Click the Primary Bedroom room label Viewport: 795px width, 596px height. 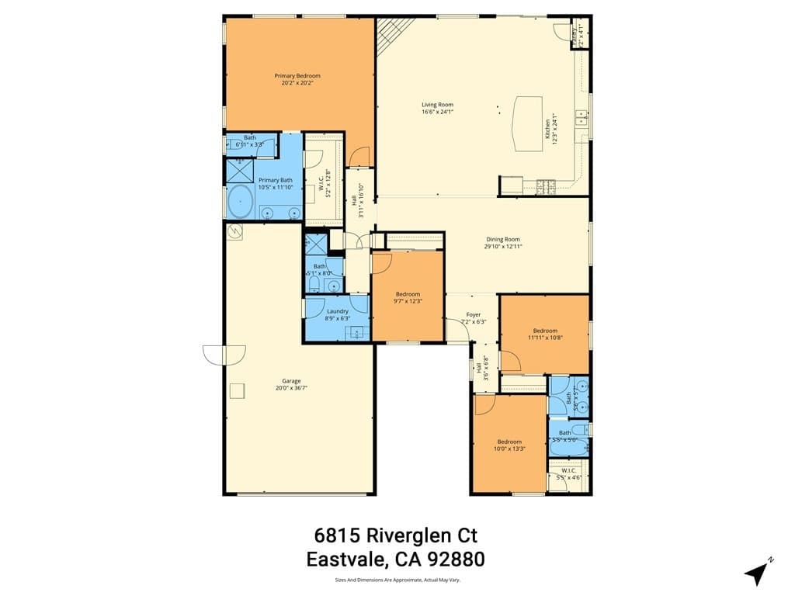pyautogui.click(x=297, y=76)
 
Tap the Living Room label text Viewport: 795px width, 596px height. pyautogui.click(x=437, y=105)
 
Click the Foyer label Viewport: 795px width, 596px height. pyautogui.click(x=474, y=314)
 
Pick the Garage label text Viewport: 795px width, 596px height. pyautogui.click(x=291, y=381)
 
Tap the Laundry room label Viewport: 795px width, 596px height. pyautogui.click(x=338, y=311)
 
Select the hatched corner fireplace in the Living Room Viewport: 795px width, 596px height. pyautogui.click(x=387, y=34)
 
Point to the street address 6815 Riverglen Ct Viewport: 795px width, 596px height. pyautogui.click(x=396, y=535)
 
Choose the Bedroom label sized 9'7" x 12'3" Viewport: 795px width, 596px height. pyautogui.click(x=408, y=294)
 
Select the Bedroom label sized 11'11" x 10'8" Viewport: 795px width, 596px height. pyautogui.click(x=545, y=331)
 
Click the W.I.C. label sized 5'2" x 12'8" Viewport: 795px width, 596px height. pyautogui.click(x=321, y=185)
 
